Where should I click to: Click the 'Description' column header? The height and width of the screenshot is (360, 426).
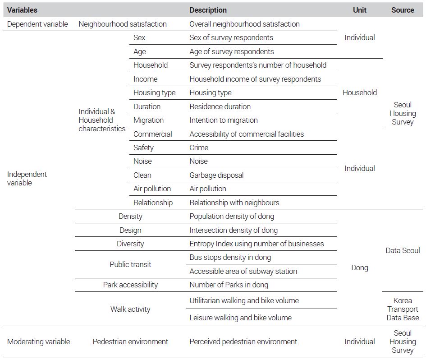click(x=208, y=10)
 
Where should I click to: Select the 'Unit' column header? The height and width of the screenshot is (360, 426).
click(x=360, y=10)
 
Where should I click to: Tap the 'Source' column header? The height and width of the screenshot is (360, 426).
click(x=403, y=10)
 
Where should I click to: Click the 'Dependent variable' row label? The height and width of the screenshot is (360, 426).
click(x=37, y=24)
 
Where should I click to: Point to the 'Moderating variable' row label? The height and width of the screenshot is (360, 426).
click(x=39, y=342)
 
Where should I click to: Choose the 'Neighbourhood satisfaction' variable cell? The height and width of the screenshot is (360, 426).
click(x=123, y=24)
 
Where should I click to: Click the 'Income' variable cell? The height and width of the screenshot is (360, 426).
click(x=146, y=79)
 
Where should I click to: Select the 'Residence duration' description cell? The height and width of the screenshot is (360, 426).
click(x=220, y=106)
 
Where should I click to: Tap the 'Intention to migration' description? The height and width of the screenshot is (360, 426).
click(x=224, y=120)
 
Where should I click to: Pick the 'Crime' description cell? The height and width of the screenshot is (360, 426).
click(x=199, y=148)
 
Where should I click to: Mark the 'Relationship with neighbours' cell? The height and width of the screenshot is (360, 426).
click(x=234, y=203)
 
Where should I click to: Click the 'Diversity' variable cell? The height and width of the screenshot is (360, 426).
click(x=130, y=244)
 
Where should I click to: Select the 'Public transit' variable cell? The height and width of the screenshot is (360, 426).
click(x=130, y=264)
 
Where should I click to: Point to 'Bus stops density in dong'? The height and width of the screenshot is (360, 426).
click(x=230, y=257)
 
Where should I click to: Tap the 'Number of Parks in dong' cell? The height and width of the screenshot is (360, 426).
click(x=229, y=285)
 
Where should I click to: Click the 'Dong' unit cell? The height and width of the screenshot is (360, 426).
click(x=360, y=268)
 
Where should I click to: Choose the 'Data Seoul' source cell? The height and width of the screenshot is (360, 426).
click(x=403, y=250)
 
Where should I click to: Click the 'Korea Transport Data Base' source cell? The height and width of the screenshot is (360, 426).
click(x=403, y=309)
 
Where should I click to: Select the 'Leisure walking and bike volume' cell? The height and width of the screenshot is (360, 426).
click(x=240, y=318)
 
